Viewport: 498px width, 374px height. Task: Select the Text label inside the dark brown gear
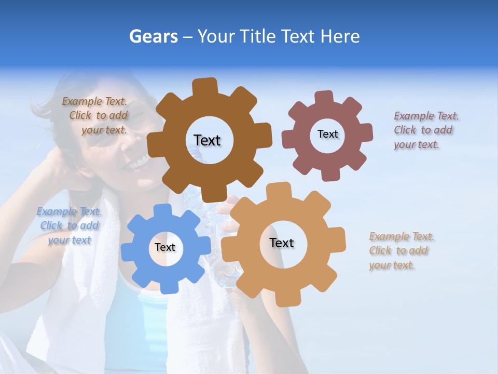point(207,140)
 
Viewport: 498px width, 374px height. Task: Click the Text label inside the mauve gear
point(327,134)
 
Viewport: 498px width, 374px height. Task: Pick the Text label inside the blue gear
point(165,248)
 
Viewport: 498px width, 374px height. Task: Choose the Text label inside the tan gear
point(282,243)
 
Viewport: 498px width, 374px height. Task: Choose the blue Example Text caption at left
point(70,226)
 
